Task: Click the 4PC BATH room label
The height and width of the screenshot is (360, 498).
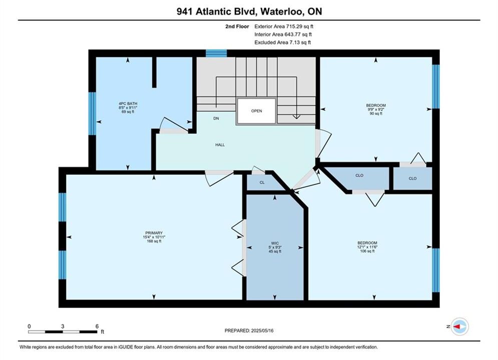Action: click(128, 103)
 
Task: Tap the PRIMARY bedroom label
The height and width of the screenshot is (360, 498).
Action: click(154, 233)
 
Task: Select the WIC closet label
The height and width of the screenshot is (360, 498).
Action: click(275, 243)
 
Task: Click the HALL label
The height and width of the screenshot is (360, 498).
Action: click(220, 145)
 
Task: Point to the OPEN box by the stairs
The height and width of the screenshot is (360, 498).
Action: click(256, 111)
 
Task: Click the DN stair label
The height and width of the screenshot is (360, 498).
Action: click(216, 118)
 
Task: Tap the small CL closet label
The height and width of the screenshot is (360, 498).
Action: click(262, 182)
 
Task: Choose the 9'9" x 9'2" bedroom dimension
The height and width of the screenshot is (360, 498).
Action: click(376, 109)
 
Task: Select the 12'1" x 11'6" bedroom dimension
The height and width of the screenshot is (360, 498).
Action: click(367, 247)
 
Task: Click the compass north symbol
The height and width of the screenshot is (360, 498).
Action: click(459, 326)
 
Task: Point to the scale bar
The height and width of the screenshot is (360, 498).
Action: click(63, 332)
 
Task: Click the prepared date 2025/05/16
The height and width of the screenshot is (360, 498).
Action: click(262, 330)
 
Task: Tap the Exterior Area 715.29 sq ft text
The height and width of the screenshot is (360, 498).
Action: click(284, 26)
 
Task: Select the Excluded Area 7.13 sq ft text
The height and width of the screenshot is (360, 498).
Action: click(283, 42)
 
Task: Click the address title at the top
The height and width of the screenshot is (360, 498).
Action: click(249, 11)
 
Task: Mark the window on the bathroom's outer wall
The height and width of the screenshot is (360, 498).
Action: click(92, 113)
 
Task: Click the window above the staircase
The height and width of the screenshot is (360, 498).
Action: click(216, 53)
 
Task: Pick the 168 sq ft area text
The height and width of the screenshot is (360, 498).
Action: click(154, 241)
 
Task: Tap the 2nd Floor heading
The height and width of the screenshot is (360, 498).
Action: click(237, 26)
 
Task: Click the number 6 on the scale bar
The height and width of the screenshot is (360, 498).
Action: click(97, 326)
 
